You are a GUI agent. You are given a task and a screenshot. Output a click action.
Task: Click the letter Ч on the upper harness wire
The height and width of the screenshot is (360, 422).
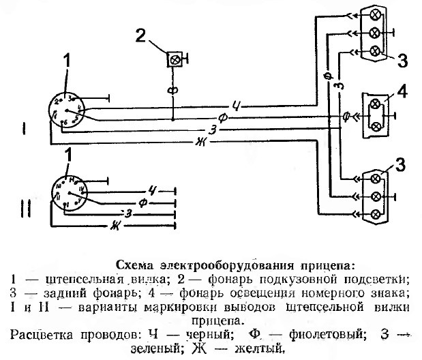[x=236, y=104]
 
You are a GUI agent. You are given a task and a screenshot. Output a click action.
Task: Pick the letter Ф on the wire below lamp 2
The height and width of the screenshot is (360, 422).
[x=173, y=89]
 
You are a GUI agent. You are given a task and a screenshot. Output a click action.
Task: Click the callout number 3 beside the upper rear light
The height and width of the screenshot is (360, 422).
[x=402, y=59]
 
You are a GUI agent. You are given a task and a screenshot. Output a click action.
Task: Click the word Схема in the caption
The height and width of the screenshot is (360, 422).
[x=135, y=265]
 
